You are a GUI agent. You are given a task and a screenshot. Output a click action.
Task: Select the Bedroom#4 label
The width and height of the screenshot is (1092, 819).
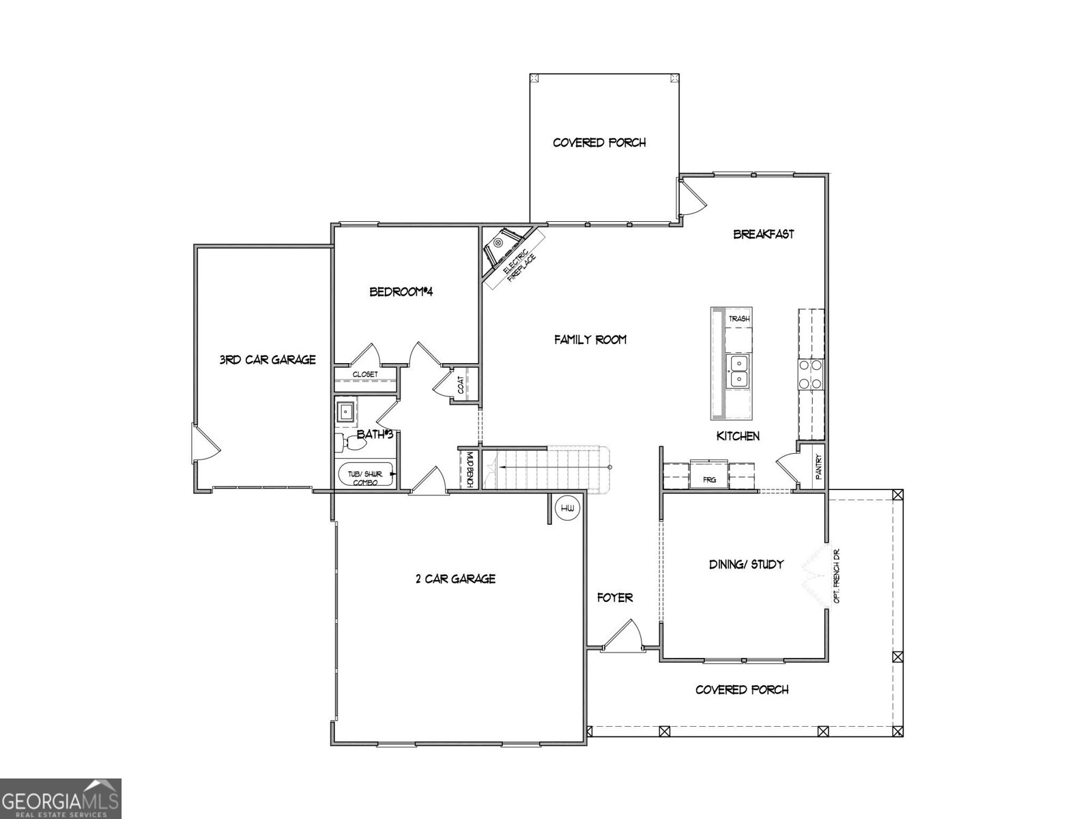402,292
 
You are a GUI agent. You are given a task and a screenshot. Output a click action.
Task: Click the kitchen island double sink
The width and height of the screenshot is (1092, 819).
738,371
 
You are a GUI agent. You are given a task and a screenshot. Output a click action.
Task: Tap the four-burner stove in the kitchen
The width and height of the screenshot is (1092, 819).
811,374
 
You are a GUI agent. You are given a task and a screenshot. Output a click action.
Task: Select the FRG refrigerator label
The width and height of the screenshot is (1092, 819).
710,480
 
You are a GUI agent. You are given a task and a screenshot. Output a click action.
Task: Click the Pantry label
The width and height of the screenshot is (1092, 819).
818,466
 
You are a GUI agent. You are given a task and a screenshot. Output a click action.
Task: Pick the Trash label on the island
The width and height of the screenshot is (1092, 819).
739,319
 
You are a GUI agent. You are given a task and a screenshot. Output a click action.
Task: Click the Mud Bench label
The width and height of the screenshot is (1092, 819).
470,469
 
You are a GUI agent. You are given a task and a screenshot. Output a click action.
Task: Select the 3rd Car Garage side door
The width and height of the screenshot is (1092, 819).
205,444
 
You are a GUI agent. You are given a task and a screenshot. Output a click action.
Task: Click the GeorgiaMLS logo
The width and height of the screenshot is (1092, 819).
61,798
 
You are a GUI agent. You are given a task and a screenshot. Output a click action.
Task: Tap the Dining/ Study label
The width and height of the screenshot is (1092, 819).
746,564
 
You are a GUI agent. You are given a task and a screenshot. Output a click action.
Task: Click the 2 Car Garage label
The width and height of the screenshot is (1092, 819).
455,579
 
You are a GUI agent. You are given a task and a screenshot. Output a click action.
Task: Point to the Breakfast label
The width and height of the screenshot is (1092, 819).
764,234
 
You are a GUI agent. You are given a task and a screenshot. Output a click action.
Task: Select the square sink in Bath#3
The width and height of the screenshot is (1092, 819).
346,412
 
